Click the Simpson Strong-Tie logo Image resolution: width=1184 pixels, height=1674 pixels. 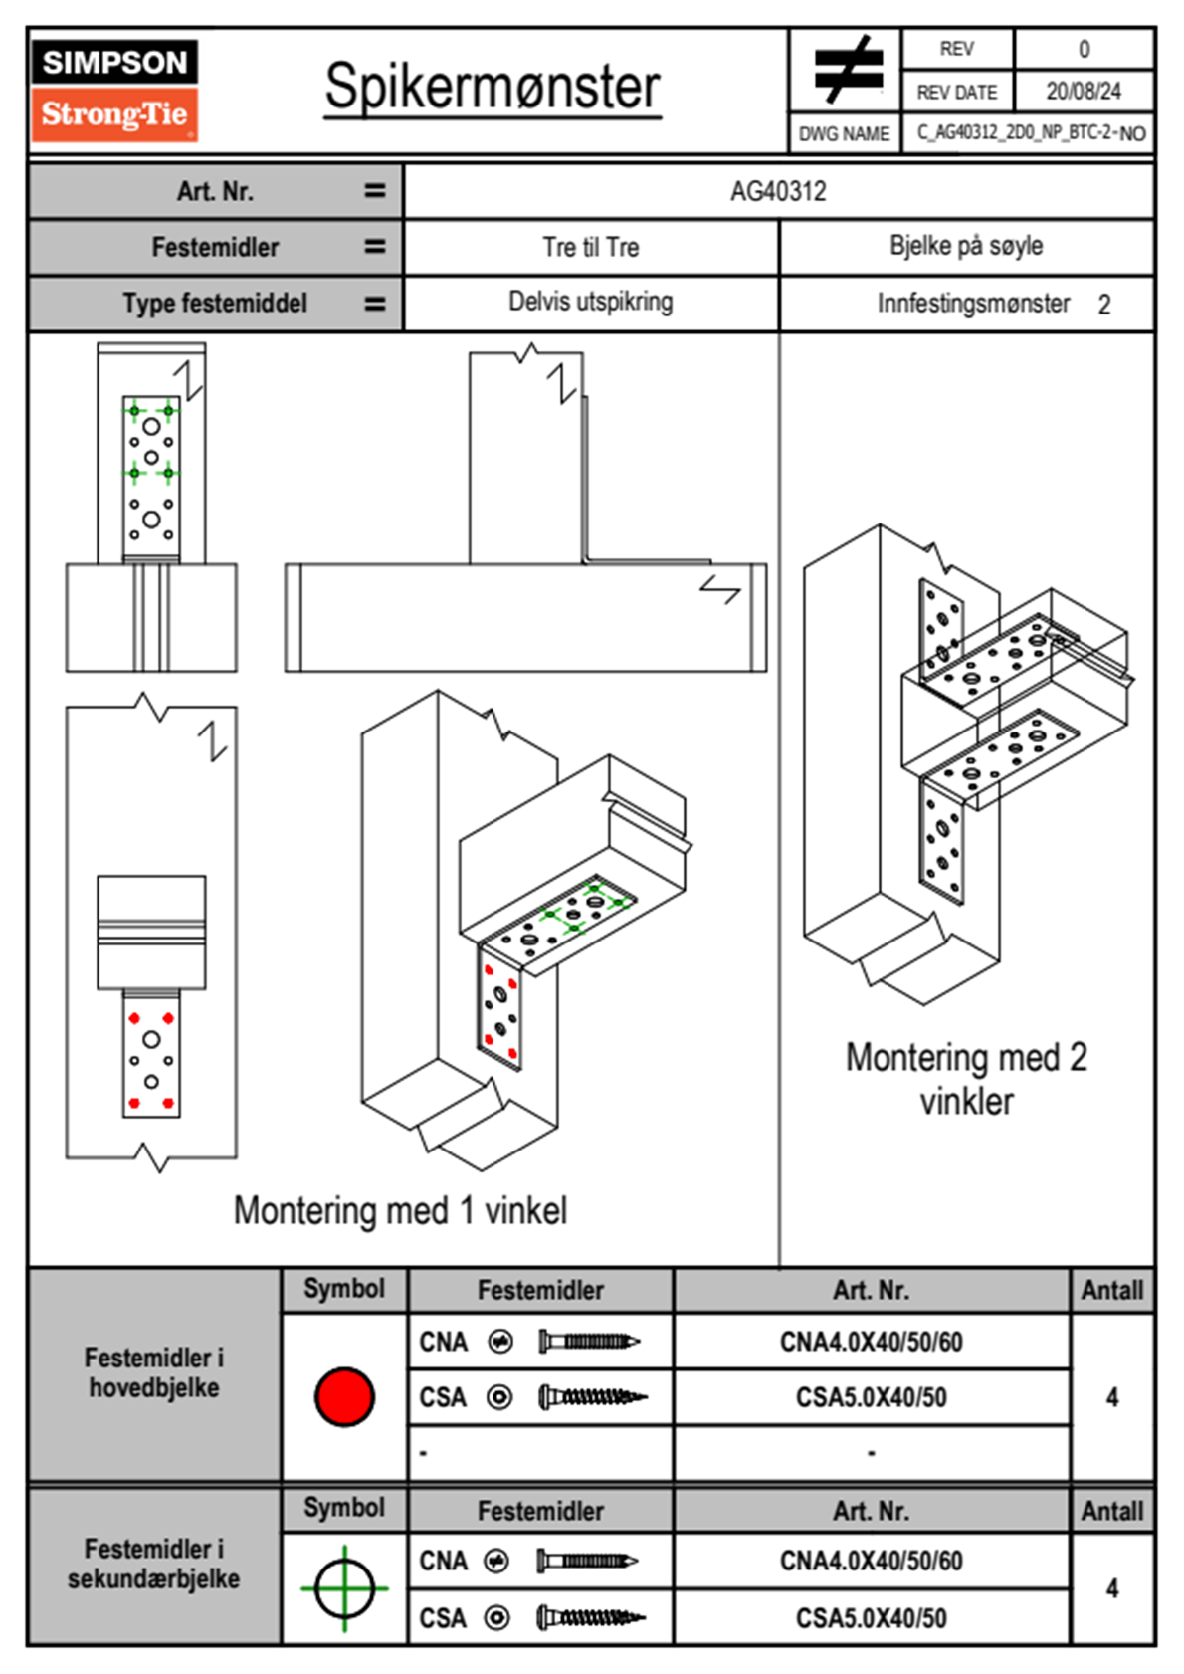(x=114, y=90)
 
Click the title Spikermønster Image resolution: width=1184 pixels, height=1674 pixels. (x=492, y=87)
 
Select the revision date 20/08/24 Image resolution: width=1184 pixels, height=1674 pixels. (x=1083, y=92)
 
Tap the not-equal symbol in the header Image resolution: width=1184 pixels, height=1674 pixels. (x=847, y=70)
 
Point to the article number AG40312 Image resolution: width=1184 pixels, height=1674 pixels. (x=778, y=191)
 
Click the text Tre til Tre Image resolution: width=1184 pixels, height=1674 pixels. (x=590, y=247)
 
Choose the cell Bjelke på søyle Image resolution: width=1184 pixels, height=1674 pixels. (x=966, y=246)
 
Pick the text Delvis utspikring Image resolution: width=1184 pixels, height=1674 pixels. (x=590, y=302)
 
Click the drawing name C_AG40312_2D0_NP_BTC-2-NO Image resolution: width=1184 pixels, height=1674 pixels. (x=1031, y=132)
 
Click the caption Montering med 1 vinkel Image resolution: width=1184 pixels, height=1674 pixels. (x=400, y=1210)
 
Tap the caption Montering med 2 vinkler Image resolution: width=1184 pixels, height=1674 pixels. (x=966, y=1079)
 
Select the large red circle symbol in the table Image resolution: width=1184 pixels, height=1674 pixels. (x=344, y=1396)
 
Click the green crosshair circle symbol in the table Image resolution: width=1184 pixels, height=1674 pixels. (x=344, y=1588)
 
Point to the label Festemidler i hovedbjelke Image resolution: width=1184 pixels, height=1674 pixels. (x=154, y=1372)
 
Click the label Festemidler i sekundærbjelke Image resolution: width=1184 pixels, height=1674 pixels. (x=154, y=1564)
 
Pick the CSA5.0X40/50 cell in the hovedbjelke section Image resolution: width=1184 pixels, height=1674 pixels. (x=871, y=1397)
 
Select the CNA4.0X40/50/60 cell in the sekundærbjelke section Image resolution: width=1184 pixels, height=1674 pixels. (x=871, y=1561)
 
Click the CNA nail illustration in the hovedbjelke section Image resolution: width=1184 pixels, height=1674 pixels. (x=589, y=1342)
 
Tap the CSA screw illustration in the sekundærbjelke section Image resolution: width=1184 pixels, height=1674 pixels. (x=590, y=1618)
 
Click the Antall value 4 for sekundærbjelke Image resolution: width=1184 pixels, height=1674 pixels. (x=1112, y=1588)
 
